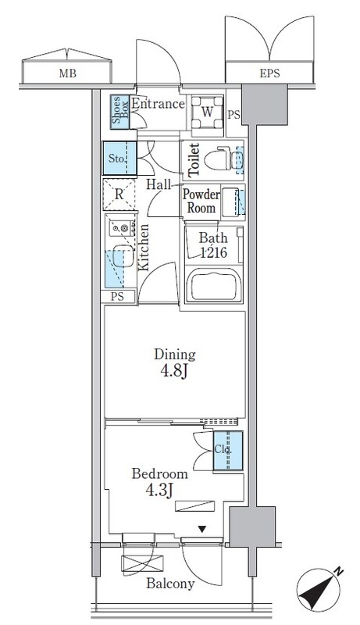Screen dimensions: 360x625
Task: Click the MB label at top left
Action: pyautogui.click(x=67, y=73)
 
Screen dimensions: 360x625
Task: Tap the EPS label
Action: pyautogui.click(x=269, y=73)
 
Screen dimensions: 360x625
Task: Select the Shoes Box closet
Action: pyautogui.click(x=119, y=112)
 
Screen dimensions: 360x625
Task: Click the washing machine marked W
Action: pyautogui.click(x=207, y=112)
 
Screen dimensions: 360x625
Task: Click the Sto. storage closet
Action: pyautogui.click(x=119, y=159)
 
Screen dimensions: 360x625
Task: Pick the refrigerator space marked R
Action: pyautogui.click(x=119, y=195)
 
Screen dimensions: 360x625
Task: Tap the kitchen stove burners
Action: pyautogui.click(x=122, y=228)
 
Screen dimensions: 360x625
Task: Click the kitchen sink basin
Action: pyautogui.click(x=123, y=256)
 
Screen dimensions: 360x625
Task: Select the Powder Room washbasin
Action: pyautogui.click(x=231, y=202)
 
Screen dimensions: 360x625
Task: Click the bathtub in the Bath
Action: pyautogui.click(x=214, y=285)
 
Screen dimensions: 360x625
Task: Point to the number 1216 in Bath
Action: pyautogui.click(x=213, y=252)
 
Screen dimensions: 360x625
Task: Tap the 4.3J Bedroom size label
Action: pyautogui.click(x=159, y=491)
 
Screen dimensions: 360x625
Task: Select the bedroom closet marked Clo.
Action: pyautogui.click(x=228, y=451)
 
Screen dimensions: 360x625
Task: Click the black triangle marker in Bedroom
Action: pyautogui.click(x=202, y=530)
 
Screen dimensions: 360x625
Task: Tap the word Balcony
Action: pyautogui.click(x=170, y=584)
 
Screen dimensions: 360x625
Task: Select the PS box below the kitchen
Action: pyautogui.click(x=117, y=297)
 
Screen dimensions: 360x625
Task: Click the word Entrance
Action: pyautogui.click(x=158, y=104)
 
